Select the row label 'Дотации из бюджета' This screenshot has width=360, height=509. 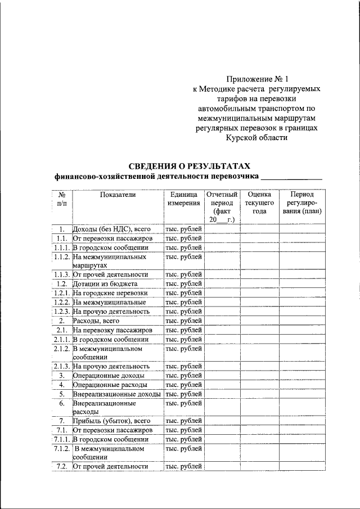coord(105,283)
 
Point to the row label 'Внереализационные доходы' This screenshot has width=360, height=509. coord(116,394)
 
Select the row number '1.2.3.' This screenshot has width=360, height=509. coord(61,311)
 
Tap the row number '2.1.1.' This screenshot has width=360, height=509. coord(61,339)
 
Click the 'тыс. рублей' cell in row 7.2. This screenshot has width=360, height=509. coord(183,466)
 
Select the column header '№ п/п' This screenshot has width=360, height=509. coord(62,199)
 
